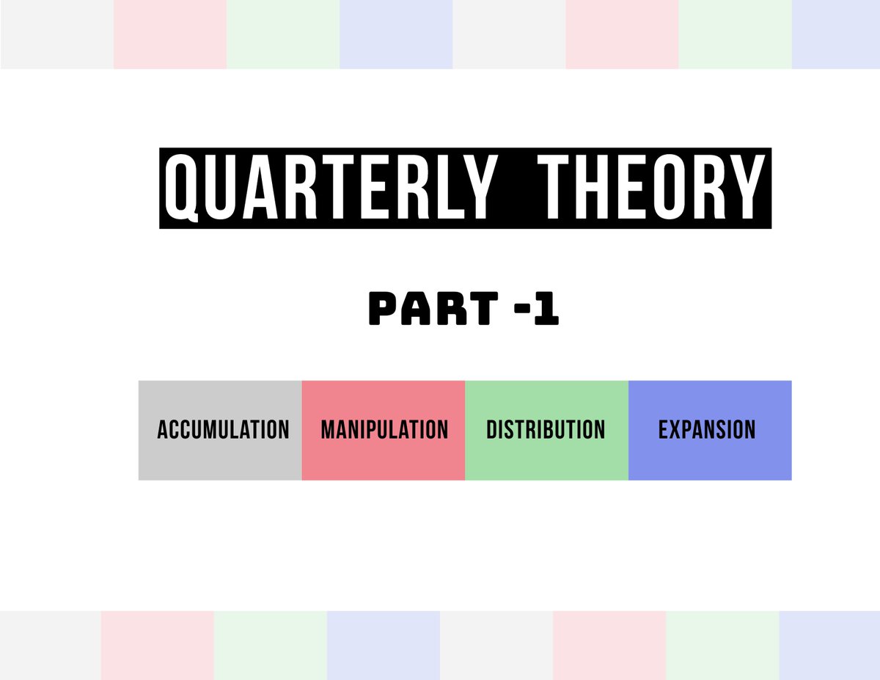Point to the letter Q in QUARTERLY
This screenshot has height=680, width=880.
[182, 189]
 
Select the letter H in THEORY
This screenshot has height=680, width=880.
[598, 189]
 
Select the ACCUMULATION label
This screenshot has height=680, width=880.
[223, 430]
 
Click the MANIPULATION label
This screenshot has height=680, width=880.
[384, 430]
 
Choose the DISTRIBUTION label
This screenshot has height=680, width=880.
[546, 430]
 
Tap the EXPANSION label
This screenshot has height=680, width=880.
[707, 430]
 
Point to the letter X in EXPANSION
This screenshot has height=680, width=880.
[676, 430]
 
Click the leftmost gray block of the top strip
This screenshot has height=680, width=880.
[57, 34]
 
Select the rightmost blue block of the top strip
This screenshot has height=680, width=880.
[836, 34]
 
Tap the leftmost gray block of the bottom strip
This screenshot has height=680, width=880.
[51, 645]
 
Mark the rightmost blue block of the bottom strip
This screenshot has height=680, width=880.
[829, 645]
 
